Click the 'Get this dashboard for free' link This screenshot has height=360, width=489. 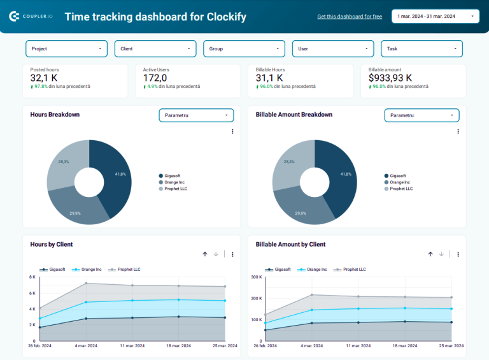point(350,17)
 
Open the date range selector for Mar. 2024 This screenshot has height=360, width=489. point(436,16)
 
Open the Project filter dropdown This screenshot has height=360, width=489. point(66,48)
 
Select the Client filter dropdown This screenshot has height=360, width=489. point(155,48)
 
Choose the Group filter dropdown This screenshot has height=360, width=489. point(244,48)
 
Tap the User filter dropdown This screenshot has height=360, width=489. point(333,48)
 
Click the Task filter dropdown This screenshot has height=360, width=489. point(422,48)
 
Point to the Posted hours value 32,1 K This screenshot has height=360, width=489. point(45,78)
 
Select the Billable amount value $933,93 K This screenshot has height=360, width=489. point(390,78)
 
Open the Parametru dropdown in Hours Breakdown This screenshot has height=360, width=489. point(196,115)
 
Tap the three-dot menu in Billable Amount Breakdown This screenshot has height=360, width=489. point(458,131)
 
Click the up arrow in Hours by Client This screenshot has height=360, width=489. point(205,254)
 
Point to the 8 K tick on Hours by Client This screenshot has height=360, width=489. point(32,277)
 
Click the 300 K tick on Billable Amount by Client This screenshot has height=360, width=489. point(257,277)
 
